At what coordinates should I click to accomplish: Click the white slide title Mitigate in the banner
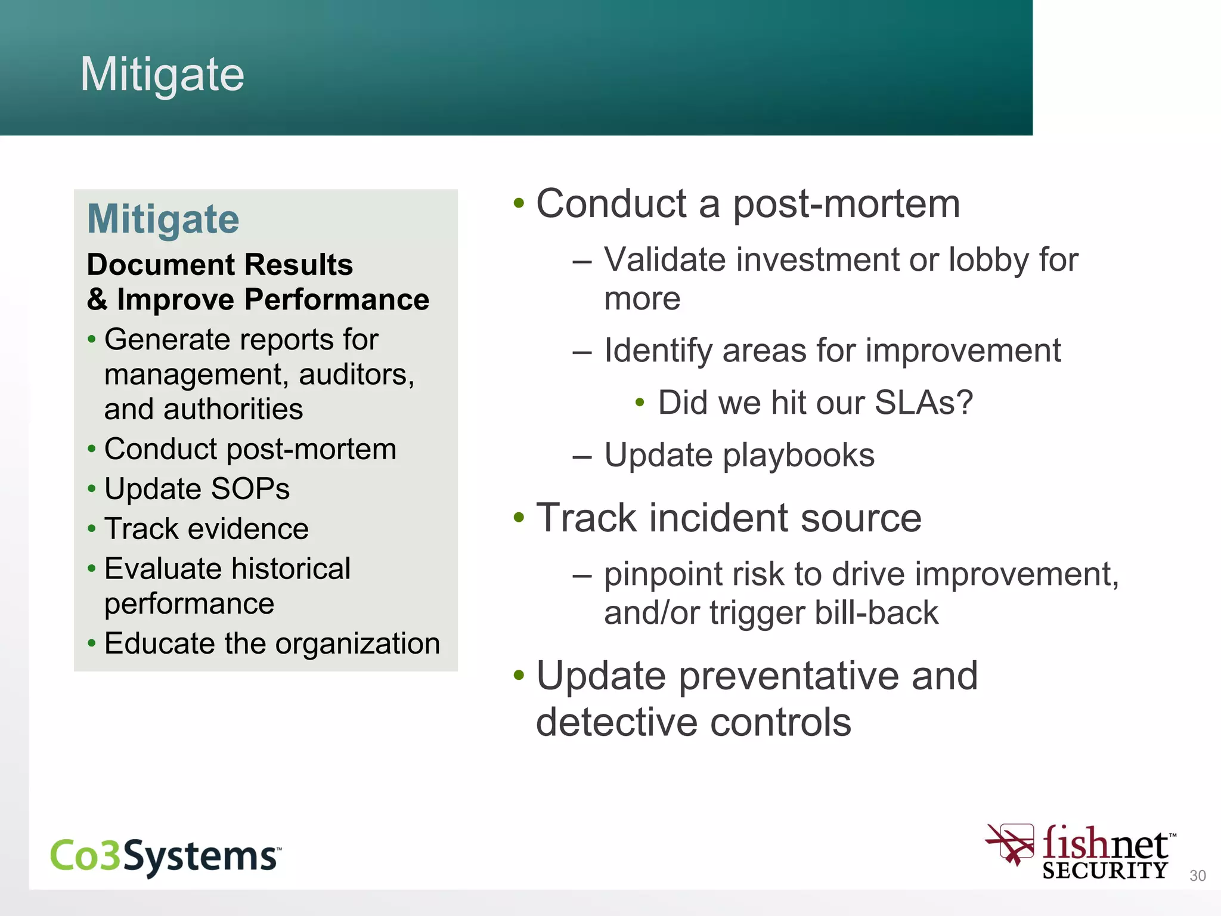click(162, 75)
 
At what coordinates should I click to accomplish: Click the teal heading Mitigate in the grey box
click(163, 219)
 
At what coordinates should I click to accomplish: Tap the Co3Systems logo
click(165, 856)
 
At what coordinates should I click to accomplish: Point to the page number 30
click(1197, 875)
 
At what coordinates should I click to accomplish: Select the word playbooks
click(799, 456)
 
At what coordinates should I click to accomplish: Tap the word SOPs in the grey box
click(250, 489)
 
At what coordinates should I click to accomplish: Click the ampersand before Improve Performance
click(97, 299)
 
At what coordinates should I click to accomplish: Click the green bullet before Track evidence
click(91, 528)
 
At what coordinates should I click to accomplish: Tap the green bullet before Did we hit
click(640, 403)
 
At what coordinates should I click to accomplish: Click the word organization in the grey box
click(357, 643)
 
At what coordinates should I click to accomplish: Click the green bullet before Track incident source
click(519, 517)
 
